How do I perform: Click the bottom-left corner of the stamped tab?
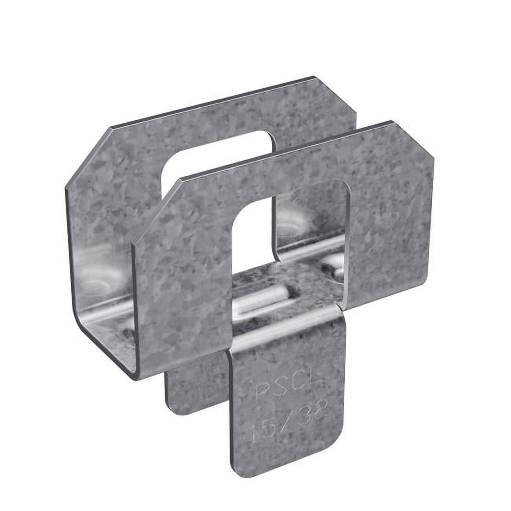pos(236,470)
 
